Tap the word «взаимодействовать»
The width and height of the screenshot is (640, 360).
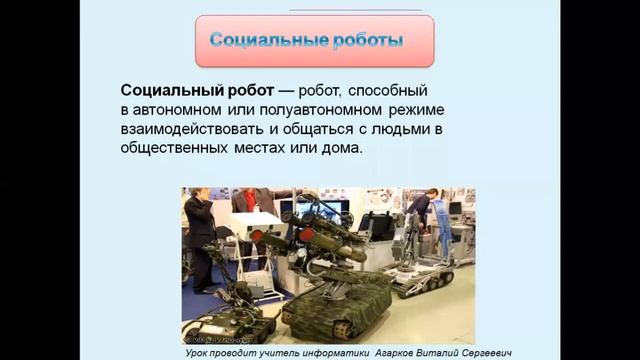[196, 130]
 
